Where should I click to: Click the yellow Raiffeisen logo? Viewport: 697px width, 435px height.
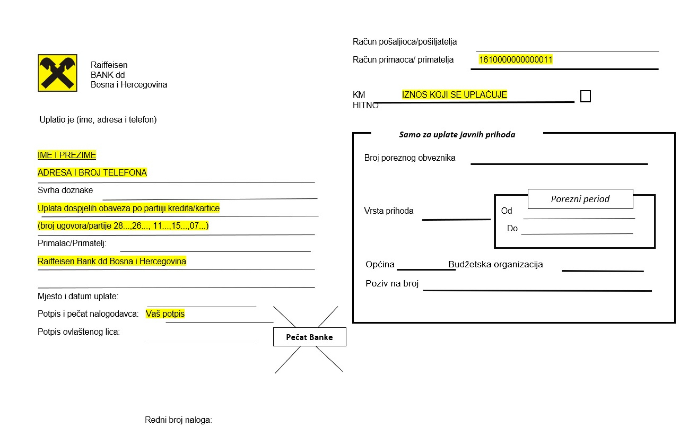click(x=58, y=73)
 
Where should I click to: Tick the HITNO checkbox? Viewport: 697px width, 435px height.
click(x=585, y=96)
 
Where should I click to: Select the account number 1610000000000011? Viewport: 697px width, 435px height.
click(x=515, y=60)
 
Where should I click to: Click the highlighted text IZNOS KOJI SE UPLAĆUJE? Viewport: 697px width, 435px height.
click(x=454, y=94)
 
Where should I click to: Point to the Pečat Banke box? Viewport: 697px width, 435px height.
click(x=309, y=337)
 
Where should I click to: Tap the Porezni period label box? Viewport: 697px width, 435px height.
click(x=580, y=199)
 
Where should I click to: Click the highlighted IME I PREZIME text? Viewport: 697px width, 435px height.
click(x=67, y=155)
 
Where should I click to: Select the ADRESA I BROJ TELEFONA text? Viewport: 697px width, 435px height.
click(x=92, y=173)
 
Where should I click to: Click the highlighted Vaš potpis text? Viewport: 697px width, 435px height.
click(x=165, y=313)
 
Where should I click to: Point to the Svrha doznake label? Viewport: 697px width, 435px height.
click(x=65, y=190)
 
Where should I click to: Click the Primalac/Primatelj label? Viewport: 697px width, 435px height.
click(x=72, y=243)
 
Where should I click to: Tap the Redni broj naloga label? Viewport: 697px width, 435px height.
click(x=178, y=420)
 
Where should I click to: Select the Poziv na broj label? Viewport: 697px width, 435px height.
click(x=392, y=283)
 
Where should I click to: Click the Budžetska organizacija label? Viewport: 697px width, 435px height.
click(x=495, y=264)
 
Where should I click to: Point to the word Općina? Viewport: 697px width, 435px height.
click(x=380, y=264)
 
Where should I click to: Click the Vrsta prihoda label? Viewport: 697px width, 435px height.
click(x=389, y=211)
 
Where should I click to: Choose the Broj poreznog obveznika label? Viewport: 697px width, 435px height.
click(x=409, y=158)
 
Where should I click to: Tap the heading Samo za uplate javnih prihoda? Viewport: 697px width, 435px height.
click(x=457, y=135)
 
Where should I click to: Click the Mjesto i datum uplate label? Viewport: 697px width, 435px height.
click(x=78, y=296)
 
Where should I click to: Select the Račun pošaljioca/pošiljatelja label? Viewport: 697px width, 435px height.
click(x=405, y=42)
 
